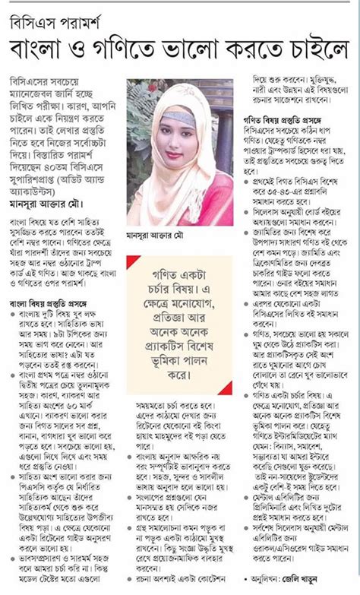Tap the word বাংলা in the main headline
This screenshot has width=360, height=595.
[x=46, y=49]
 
